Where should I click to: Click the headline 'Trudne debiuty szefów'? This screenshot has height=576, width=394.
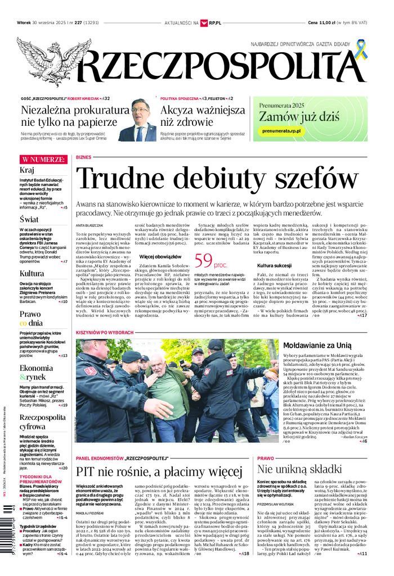point(217,178)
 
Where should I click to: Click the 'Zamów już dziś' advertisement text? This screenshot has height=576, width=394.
point(298,116)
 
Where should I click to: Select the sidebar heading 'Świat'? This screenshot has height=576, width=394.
point(29,219)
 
